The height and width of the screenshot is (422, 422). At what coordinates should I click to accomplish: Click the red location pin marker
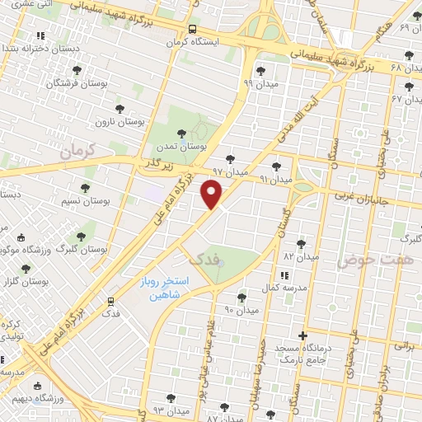(x=212, y=195)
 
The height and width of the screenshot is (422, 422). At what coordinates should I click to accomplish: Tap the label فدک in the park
(x=206, y=259)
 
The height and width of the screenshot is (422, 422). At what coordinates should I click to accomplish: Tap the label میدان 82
(x=301, y=256)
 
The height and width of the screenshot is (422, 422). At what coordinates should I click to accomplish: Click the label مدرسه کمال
(x=289, y=288)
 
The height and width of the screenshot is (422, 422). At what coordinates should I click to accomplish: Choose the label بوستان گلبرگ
(x=85, y=248)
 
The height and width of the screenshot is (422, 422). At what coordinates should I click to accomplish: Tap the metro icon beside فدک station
(x=111, y=301)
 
